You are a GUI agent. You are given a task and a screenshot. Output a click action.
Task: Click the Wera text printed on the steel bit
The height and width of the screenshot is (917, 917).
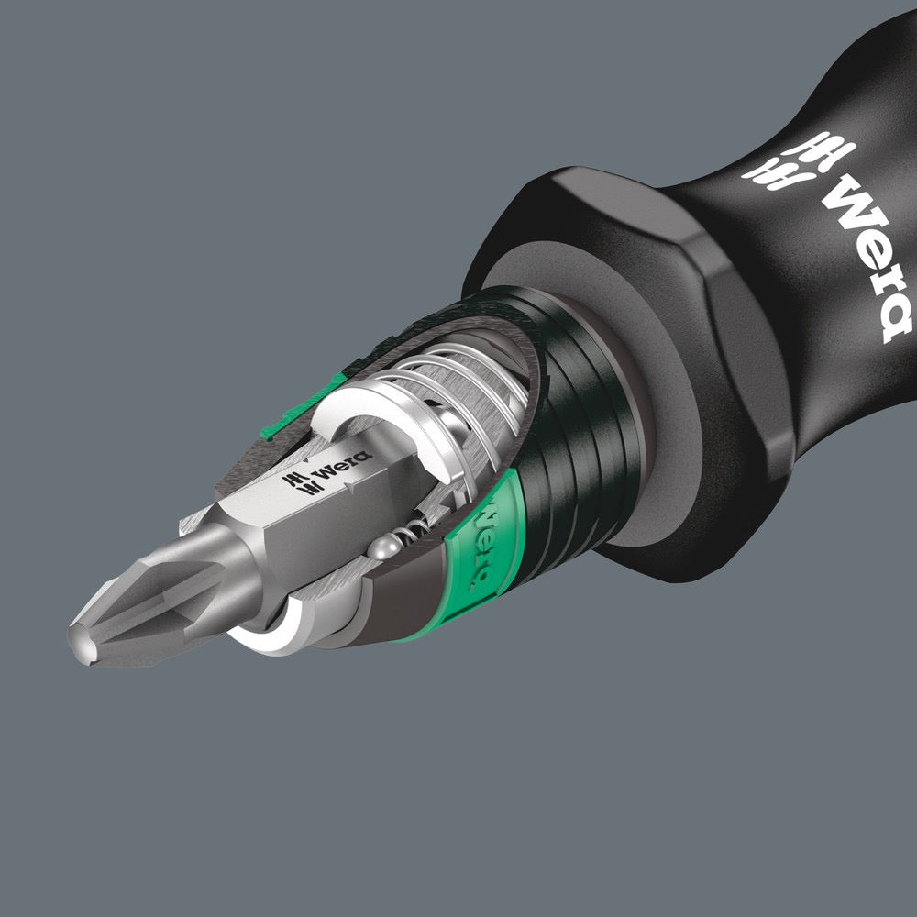click(340, 464)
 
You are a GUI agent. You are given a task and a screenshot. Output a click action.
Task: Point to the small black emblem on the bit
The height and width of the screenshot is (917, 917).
click(296, 482)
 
